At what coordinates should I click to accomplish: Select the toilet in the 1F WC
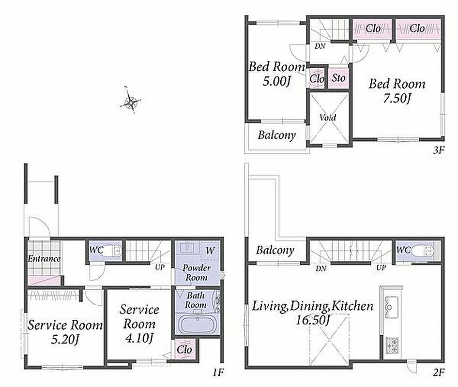tap(114, 250)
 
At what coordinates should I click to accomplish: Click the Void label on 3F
tap(328, 118)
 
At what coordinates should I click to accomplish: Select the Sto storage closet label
tap(338, 77)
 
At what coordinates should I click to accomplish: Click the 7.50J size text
tap(397, 98)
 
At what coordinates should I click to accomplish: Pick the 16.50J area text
tap(313, 320)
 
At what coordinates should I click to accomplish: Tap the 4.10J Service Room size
tap(139, 338)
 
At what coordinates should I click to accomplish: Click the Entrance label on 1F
tap(44, 259)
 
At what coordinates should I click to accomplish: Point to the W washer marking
tap(210, 250)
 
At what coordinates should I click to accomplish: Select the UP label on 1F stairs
tap(159, 267)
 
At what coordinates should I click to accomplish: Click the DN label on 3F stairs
tap(320, 46)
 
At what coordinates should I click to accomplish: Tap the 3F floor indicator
tap(439, 150)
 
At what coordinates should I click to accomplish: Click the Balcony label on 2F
tap(275, 250)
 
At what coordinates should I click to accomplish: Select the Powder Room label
tap(196, 272)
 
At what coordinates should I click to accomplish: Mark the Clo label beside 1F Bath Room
tap(184, 349)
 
